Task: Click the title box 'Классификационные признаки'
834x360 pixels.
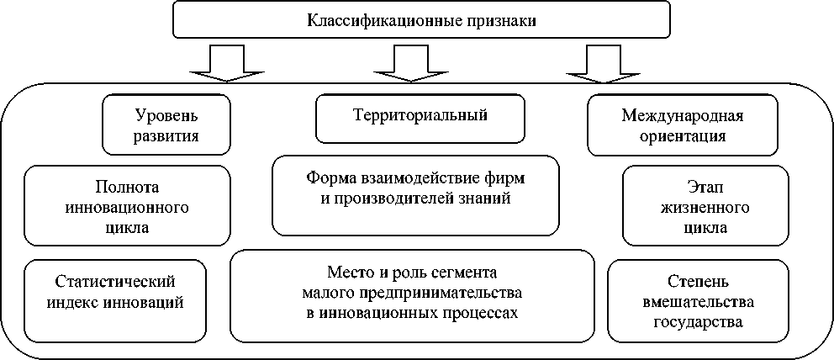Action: pyautogui.click(x=420, y=20)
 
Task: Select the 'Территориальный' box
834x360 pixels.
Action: pyautogui.click(x=419, y=118)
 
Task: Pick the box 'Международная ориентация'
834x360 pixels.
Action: pyautogui.click(x=682, y=124)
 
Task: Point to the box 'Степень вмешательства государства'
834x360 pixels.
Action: pyautogui.click(x=698, y=301)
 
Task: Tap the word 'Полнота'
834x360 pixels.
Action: pyautogui.click(x=126, y=186)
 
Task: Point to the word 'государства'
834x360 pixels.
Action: pyautogui.click(x=698, y=321)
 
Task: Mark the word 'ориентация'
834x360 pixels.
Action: pyautogui.click(x=682, y=135)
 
